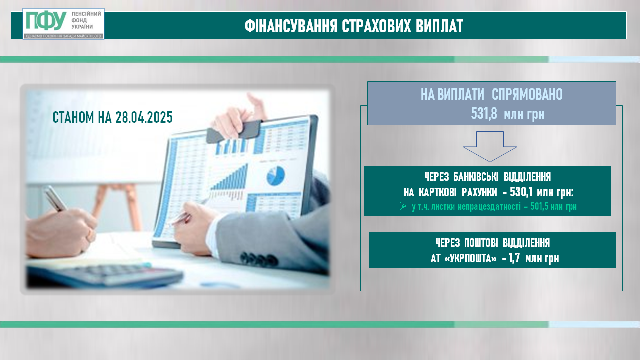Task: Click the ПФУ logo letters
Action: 46,21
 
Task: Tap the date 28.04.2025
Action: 144,117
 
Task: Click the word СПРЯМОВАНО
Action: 527,95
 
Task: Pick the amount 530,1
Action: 521,192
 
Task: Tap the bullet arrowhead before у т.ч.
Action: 403,206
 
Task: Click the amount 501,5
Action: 539,206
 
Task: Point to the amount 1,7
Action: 514,259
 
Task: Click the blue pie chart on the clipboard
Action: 276,175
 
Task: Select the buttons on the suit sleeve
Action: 259,259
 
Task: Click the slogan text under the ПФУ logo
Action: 63,36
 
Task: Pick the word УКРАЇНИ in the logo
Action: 82,27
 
